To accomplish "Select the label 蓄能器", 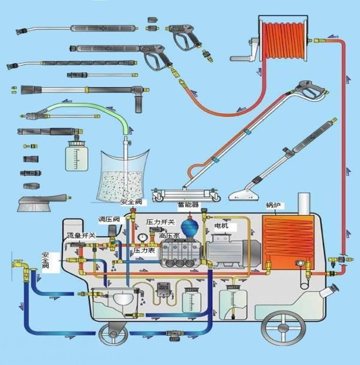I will [188, 205].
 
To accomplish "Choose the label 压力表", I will [144, 250].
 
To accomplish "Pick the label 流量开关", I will [81, 236].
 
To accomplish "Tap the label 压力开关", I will [160, 222].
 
